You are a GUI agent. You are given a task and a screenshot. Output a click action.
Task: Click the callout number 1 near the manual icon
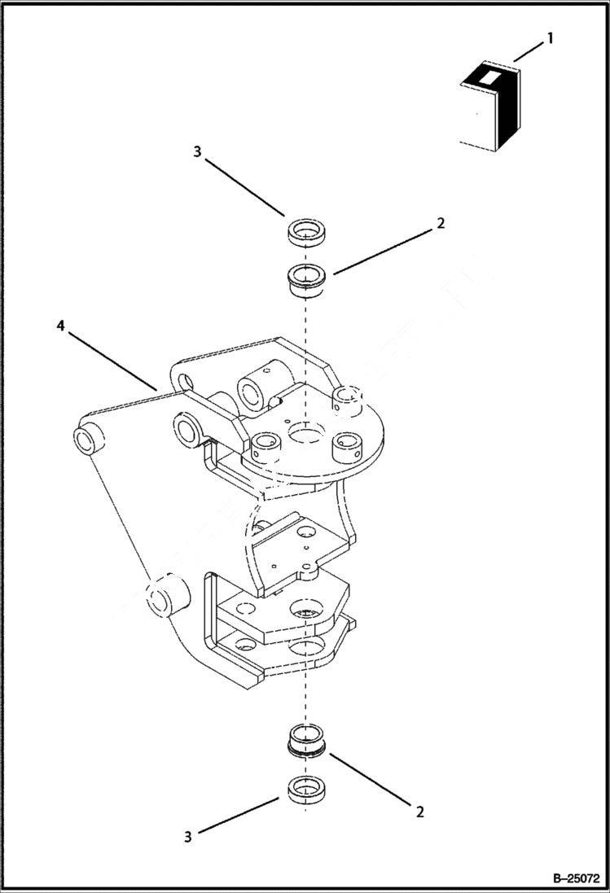click(551, 37)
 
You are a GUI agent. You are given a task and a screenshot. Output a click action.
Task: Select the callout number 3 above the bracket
click(196, 151)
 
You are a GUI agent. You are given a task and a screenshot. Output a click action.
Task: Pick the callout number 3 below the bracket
click(188, 836)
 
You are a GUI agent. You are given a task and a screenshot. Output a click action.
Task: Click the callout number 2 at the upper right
click(440, 223)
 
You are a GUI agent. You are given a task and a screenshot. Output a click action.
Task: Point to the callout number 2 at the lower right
click(420, 811)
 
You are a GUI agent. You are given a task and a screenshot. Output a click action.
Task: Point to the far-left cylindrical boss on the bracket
click(88, 438)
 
